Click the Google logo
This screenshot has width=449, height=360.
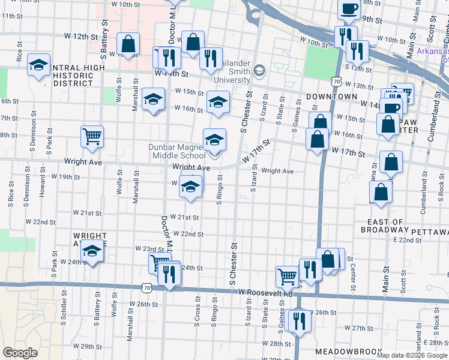point(20,353)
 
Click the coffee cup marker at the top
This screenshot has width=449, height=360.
point(349,8)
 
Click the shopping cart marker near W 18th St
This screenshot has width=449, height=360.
point(92,137)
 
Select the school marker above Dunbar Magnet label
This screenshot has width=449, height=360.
point(214,140)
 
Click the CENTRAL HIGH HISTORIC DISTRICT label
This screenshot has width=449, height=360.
point(65,75)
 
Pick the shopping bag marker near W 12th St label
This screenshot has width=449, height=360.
point(128,44)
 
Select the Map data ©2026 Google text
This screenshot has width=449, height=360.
point(412,355)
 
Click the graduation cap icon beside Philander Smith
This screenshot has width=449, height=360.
point(259,71)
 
